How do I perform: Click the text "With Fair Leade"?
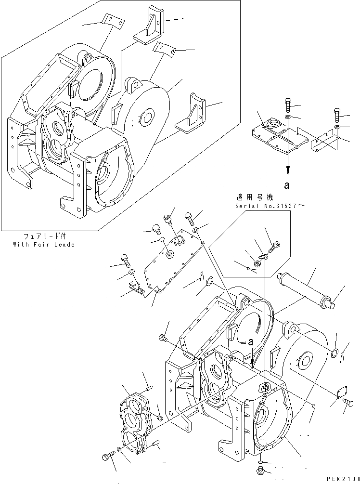coord(44,245)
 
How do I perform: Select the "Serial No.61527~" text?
coord(263,206)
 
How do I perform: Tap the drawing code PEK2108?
coord(339,480)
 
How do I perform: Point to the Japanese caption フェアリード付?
coord(44,237)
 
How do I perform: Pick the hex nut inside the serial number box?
coord(257,263)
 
